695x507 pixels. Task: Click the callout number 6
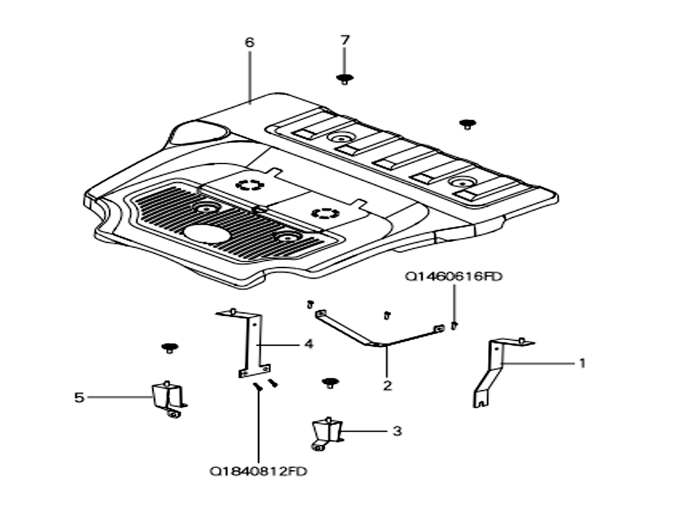coord(250,42)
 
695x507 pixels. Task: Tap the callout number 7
coord(345,40)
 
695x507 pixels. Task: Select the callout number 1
coord(582,363)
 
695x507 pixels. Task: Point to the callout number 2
coord(387,385)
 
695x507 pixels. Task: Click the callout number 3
coord(397,430)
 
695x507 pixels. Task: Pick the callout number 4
coord(309,344)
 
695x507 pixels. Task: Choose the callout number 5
coord(79,397)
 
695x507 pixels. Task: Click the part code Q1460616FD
coord(453,276)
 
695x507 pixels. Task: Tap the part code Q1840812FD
coord(259,471)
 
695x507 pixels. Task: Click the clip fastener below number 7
coord(345,79)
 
